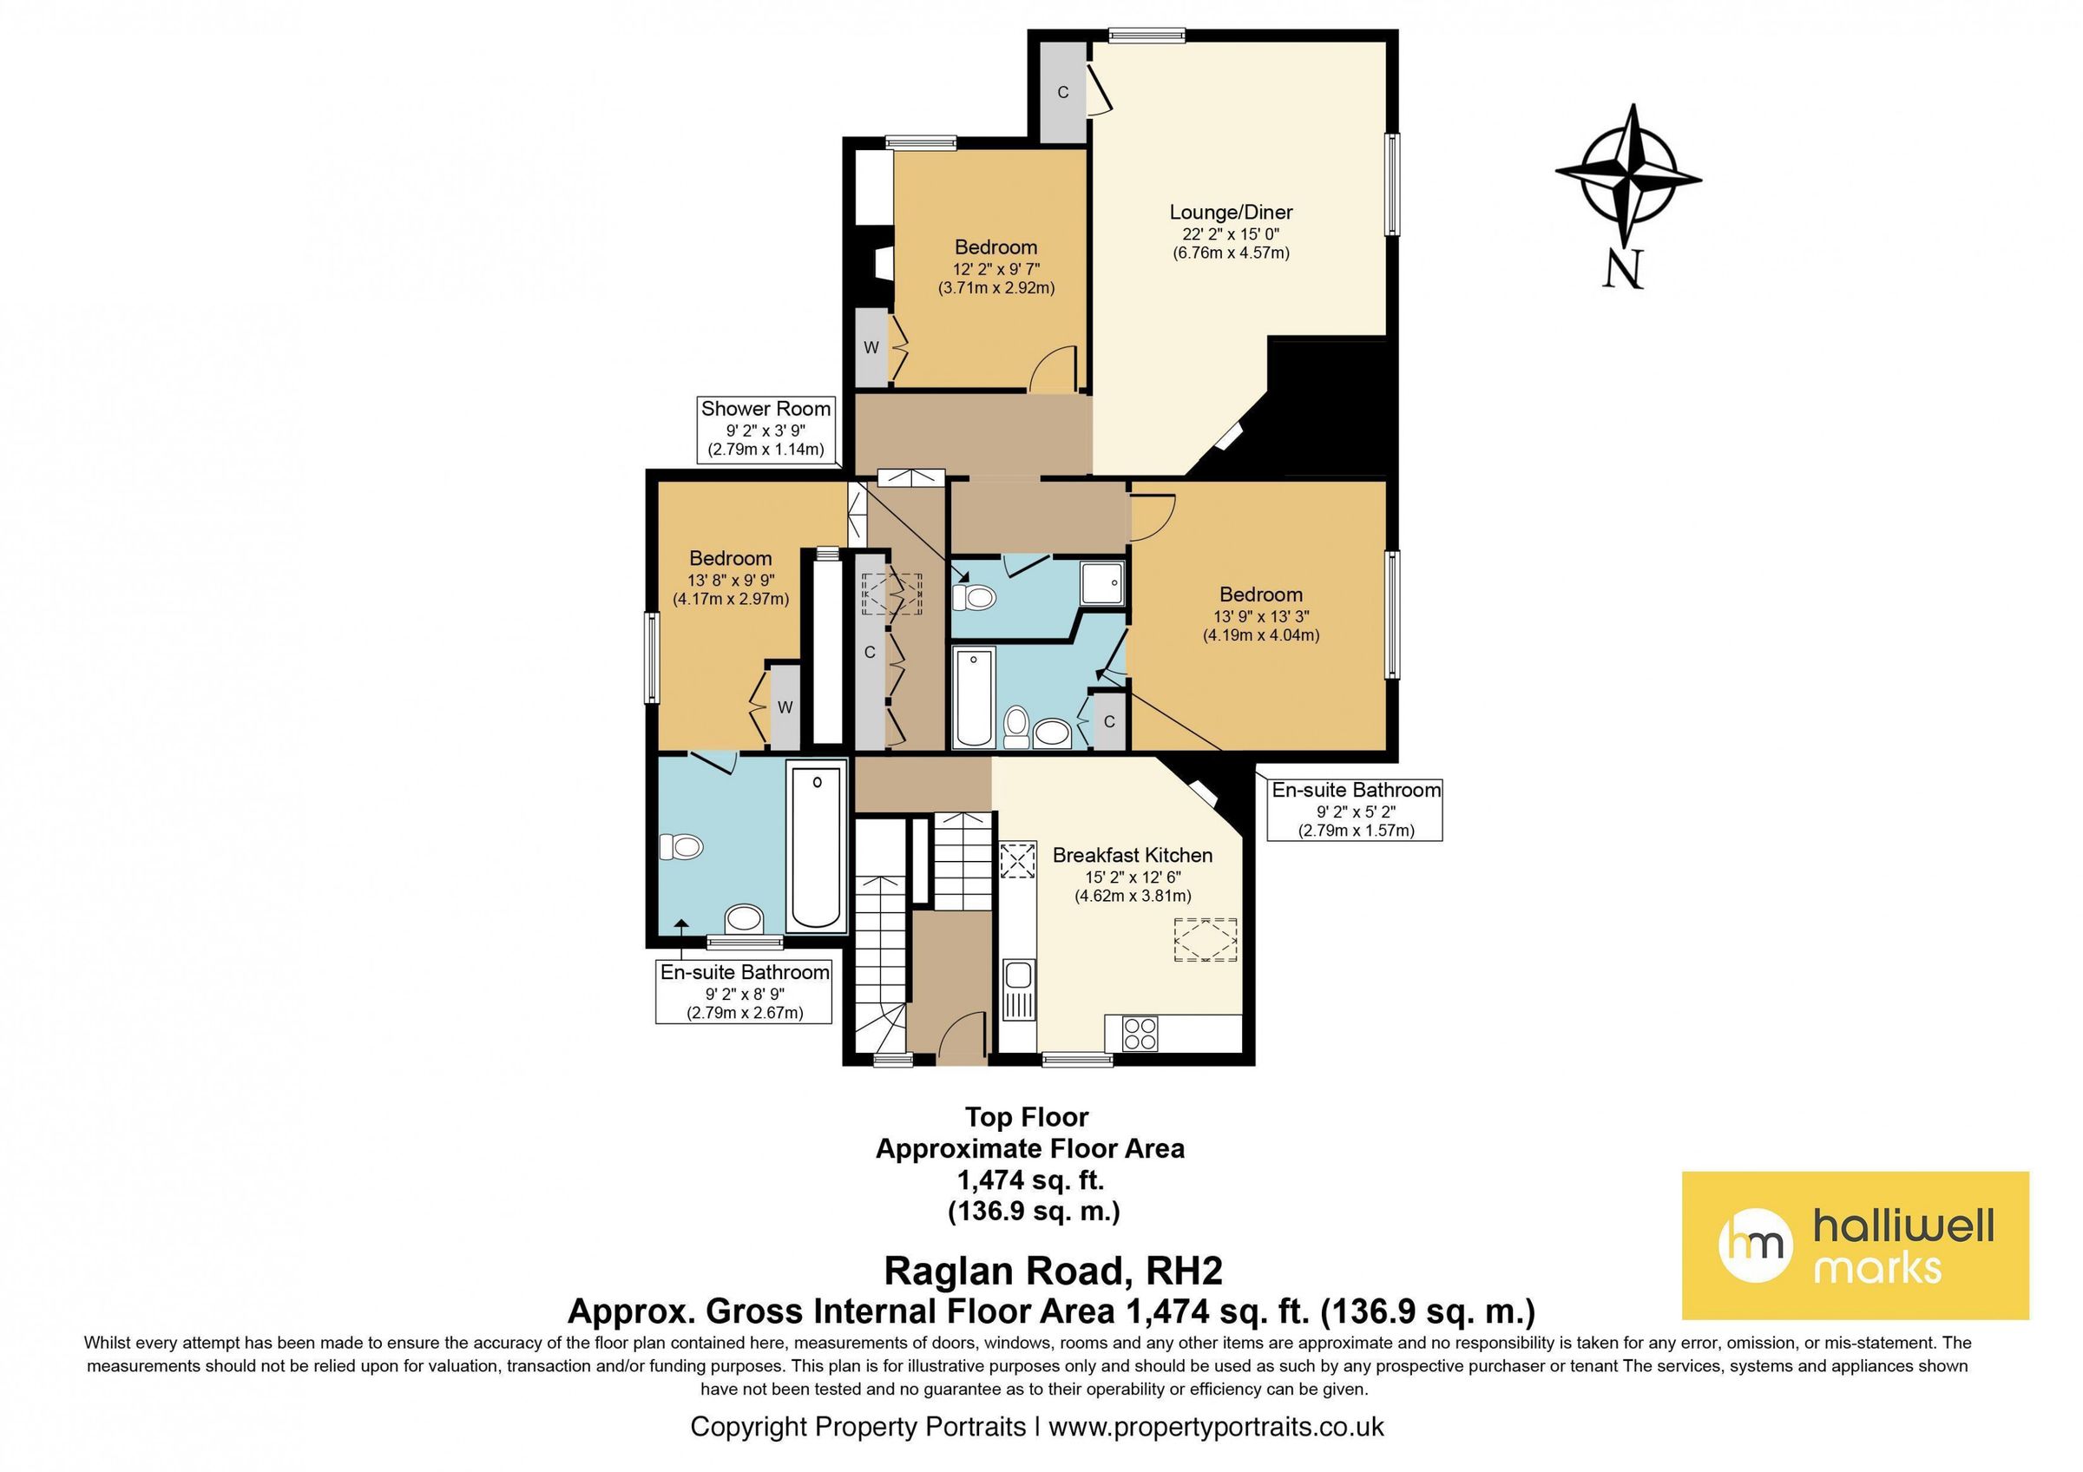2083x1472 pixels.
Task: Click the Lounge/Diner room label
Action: click(1230, 213)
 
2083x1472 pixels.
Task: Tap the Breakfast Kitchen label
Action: click(1133, 855)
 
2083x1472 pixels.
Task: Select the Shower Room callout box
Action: click(766, 429)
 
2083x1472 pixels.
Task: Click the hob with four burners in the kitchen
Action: click(1140, 1033)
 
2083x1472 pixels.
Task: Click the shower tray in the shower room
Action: click(1102, 582)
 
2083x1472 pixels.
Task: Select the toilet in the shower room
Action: click(975, 597)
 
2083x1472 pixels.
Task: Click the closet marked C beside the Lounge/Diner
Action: click(1062, 92)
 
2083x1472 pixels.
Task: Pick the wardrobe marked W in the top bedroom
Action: click(871, 347)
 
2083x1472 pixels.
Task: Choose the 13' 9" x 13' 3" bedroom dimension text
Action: click(1261, 617)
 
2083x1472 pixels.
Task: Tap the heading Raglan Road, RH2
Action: click(1054, 1271)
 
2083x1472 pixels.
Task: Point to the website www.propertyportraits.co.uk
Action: click(1216, 1426)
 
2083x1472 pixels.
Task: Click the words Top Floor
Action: click(1027, 1116)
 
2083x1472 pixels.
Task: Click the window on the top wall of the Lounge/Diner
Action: click(1147, 36)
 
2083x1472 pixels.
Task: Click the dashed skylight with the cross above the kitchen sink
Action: click(1018, 860)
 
